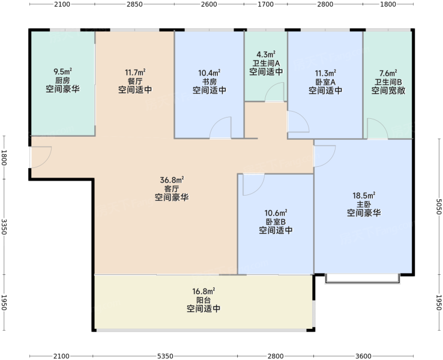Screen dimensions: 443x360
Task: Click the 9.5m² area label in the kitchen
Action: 62,71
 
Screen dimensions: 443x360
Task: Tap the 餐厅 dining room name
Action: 135,82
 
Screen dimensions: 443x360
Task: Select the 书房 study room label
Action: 209,82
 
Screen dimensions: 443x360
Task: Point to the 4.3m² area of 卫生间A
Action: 266,54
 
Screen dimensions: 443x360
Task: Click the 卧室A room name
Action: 325,82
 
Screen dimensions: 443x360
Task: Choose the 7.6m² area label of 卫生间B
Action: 388,73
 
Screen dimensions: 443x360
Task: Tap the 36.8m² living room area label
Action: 172,180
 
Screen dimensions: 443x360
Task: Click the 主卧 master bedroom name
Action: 364,204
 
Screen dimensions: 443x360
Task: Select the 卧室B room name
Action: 276,221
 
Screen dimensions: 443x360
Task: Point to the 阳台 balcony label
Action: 203,300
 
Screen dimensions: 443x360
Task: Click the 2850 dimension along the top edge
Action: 135,4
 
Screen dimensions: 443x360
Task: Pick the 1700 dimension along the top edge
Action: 266,4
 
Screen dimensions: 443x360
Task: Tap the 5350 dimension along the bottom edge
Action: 165,356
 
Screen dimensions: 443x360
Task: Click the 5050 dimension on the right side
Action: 439,206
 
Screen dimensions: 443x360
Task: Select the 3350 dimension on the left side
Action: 4,226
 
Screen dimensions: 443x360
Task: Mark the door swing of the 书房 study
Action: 220,127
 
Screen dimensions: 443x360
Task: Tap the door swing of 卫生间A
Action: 274,92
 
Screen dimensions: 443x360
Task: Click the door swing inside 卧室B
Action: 254,185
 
